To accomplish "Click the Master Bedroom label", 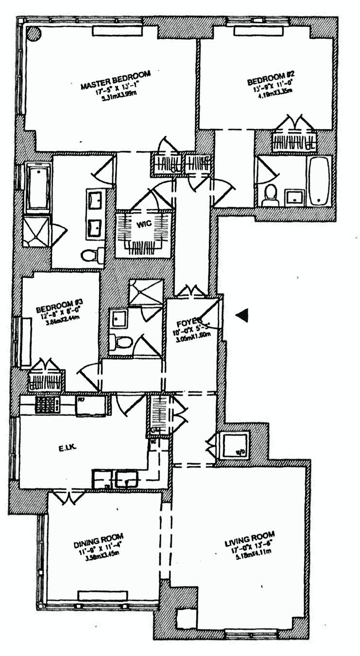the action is point(116,80).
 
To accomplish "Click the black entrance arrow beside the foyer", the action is point(242,315).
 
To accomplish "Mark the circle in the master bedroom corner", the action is point(33,33).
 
